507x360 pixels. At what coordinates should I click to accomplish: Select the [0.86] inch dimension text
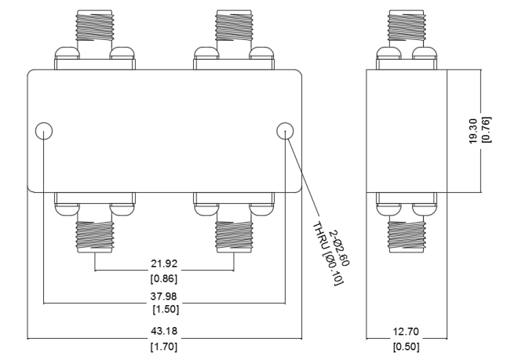(165, 278)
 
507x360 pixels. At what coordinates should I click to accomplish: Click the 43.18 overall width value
(165, 329)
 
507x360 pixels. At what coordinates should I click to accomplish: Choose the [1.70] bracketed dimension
(165, 346)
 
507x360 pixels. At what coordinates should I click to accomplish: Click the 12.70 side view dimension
(407, 329)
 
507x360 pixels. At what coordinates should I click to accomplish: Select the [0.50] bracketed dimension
(407, 346)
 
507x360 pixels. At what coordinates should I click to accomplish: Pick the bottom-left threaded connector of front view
(95, 231)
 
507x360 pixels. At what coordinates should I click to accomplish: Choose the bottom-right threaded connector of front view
(235, 231)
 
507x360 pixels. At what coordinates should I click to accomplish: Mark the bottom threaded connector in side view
(407, 231)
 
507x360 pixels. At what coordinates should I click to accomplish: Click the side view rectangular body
(407, 130)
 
